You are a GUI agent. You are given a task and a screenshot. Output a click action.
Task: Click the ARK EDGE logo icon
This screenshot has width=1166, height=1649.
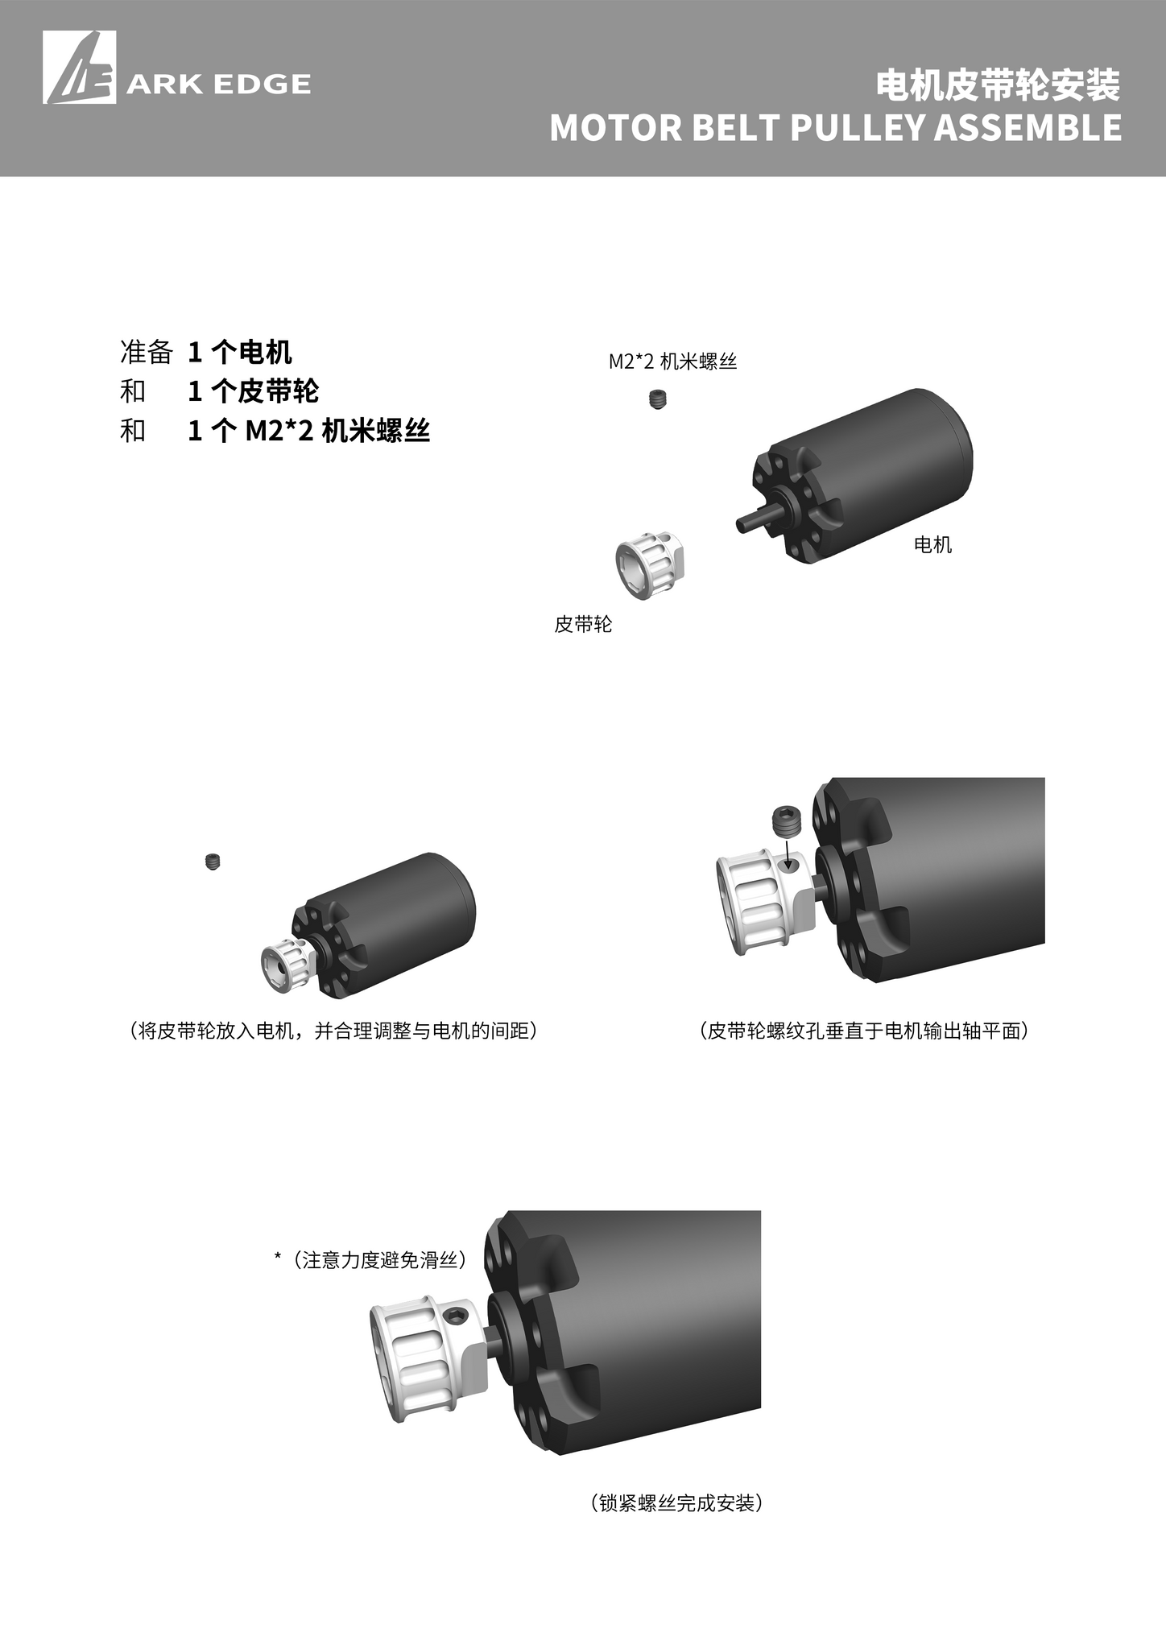click(x=79, y=68)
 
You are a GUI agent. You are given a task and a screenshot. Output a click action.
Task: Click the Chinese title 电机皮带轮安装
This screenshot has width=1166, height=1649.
click(x=998, y=85)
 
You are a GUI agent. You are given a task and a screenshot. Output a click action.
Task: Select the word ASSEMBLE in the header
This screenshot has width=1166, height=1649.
click(x=1027, y=128)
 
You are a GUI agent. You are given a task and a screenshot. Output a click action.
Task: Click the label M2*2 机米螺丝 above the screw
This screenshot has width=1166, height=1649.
click(x=672, y=362)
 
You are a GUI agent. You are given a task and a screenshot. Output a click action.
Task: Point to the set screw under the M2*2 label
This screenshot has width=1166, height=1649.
click(x=659, y=399)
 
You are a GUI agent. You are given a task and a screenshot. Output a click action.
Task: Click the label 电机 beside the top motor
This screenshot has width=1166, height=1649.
click(x=933, y=545)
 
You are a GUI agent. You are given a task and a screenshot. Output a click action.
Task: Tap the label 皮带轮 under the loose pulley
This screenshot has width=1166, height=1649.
click(x=583, y=624)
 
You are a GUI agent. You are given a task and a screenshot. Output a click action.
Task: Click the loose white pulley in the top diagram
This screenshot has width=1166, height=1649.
click(x=650, y=566)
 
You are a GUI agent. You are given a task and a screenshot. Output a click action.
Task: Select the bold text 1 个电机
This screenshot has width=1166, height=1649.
click(x=240, y=352)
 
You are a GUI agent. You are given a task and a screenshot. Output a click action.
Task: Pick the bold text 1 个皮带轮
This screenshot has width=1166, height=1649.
click(x=254, y=391)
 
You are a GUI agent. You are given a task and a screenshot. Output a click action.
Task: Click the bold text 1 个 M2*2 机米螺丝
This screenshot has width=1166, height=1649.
click(x=309, y=432)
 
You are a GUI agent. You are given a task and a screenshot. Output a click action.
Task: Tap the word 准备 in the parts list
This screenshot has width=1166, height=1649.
click(x=147, y=352)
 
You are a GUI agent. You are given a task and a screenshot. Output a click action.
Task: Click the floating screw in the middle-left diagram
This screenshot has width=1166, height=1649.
click(x=213, y=862)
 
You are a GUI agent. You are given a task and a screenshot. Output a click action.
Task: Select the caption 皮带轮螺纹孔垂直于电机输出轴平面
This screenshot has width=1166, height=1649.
click(x=865, y=1031)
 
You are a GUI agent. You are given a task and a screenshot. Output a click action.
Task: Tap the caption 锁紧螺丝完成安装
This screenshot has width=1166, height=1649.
click(x=676, y=1503)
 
